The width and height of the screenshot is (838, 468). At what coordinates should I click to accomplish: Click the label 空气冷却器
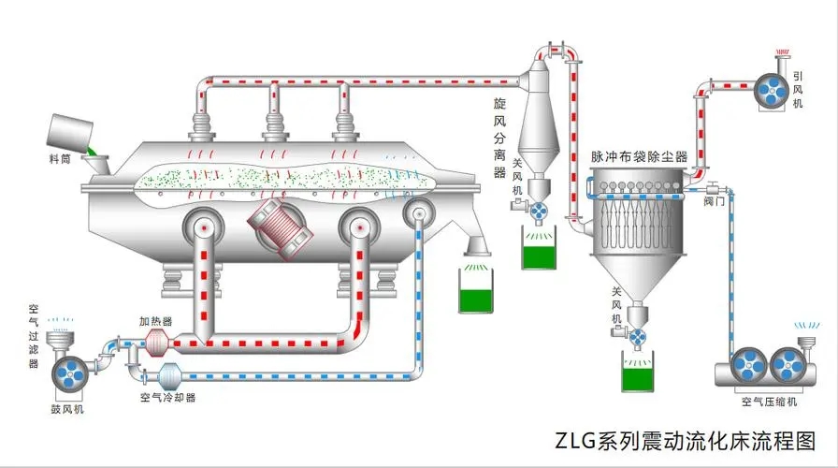point(167,397)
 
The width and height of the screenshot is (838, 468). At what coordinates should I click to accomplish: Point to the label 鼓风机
point(67,410)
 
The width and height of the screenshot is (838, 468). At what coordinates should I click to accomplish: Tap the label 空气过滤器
point(34,337)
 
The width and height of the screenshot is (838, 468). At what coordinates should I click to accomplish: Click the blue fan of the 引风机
point(774,87)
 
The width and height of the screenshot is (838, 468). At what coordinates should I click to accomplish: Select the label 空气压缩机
point(769,402)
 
